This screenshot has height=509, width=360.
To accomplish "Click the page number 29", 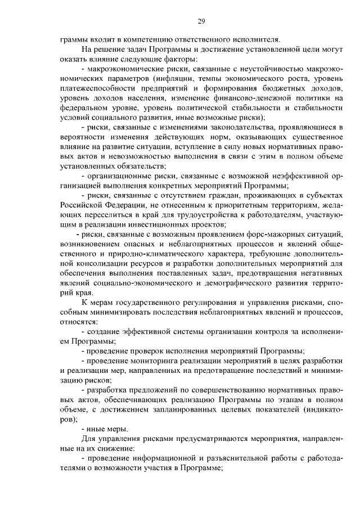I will (201, 22).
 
